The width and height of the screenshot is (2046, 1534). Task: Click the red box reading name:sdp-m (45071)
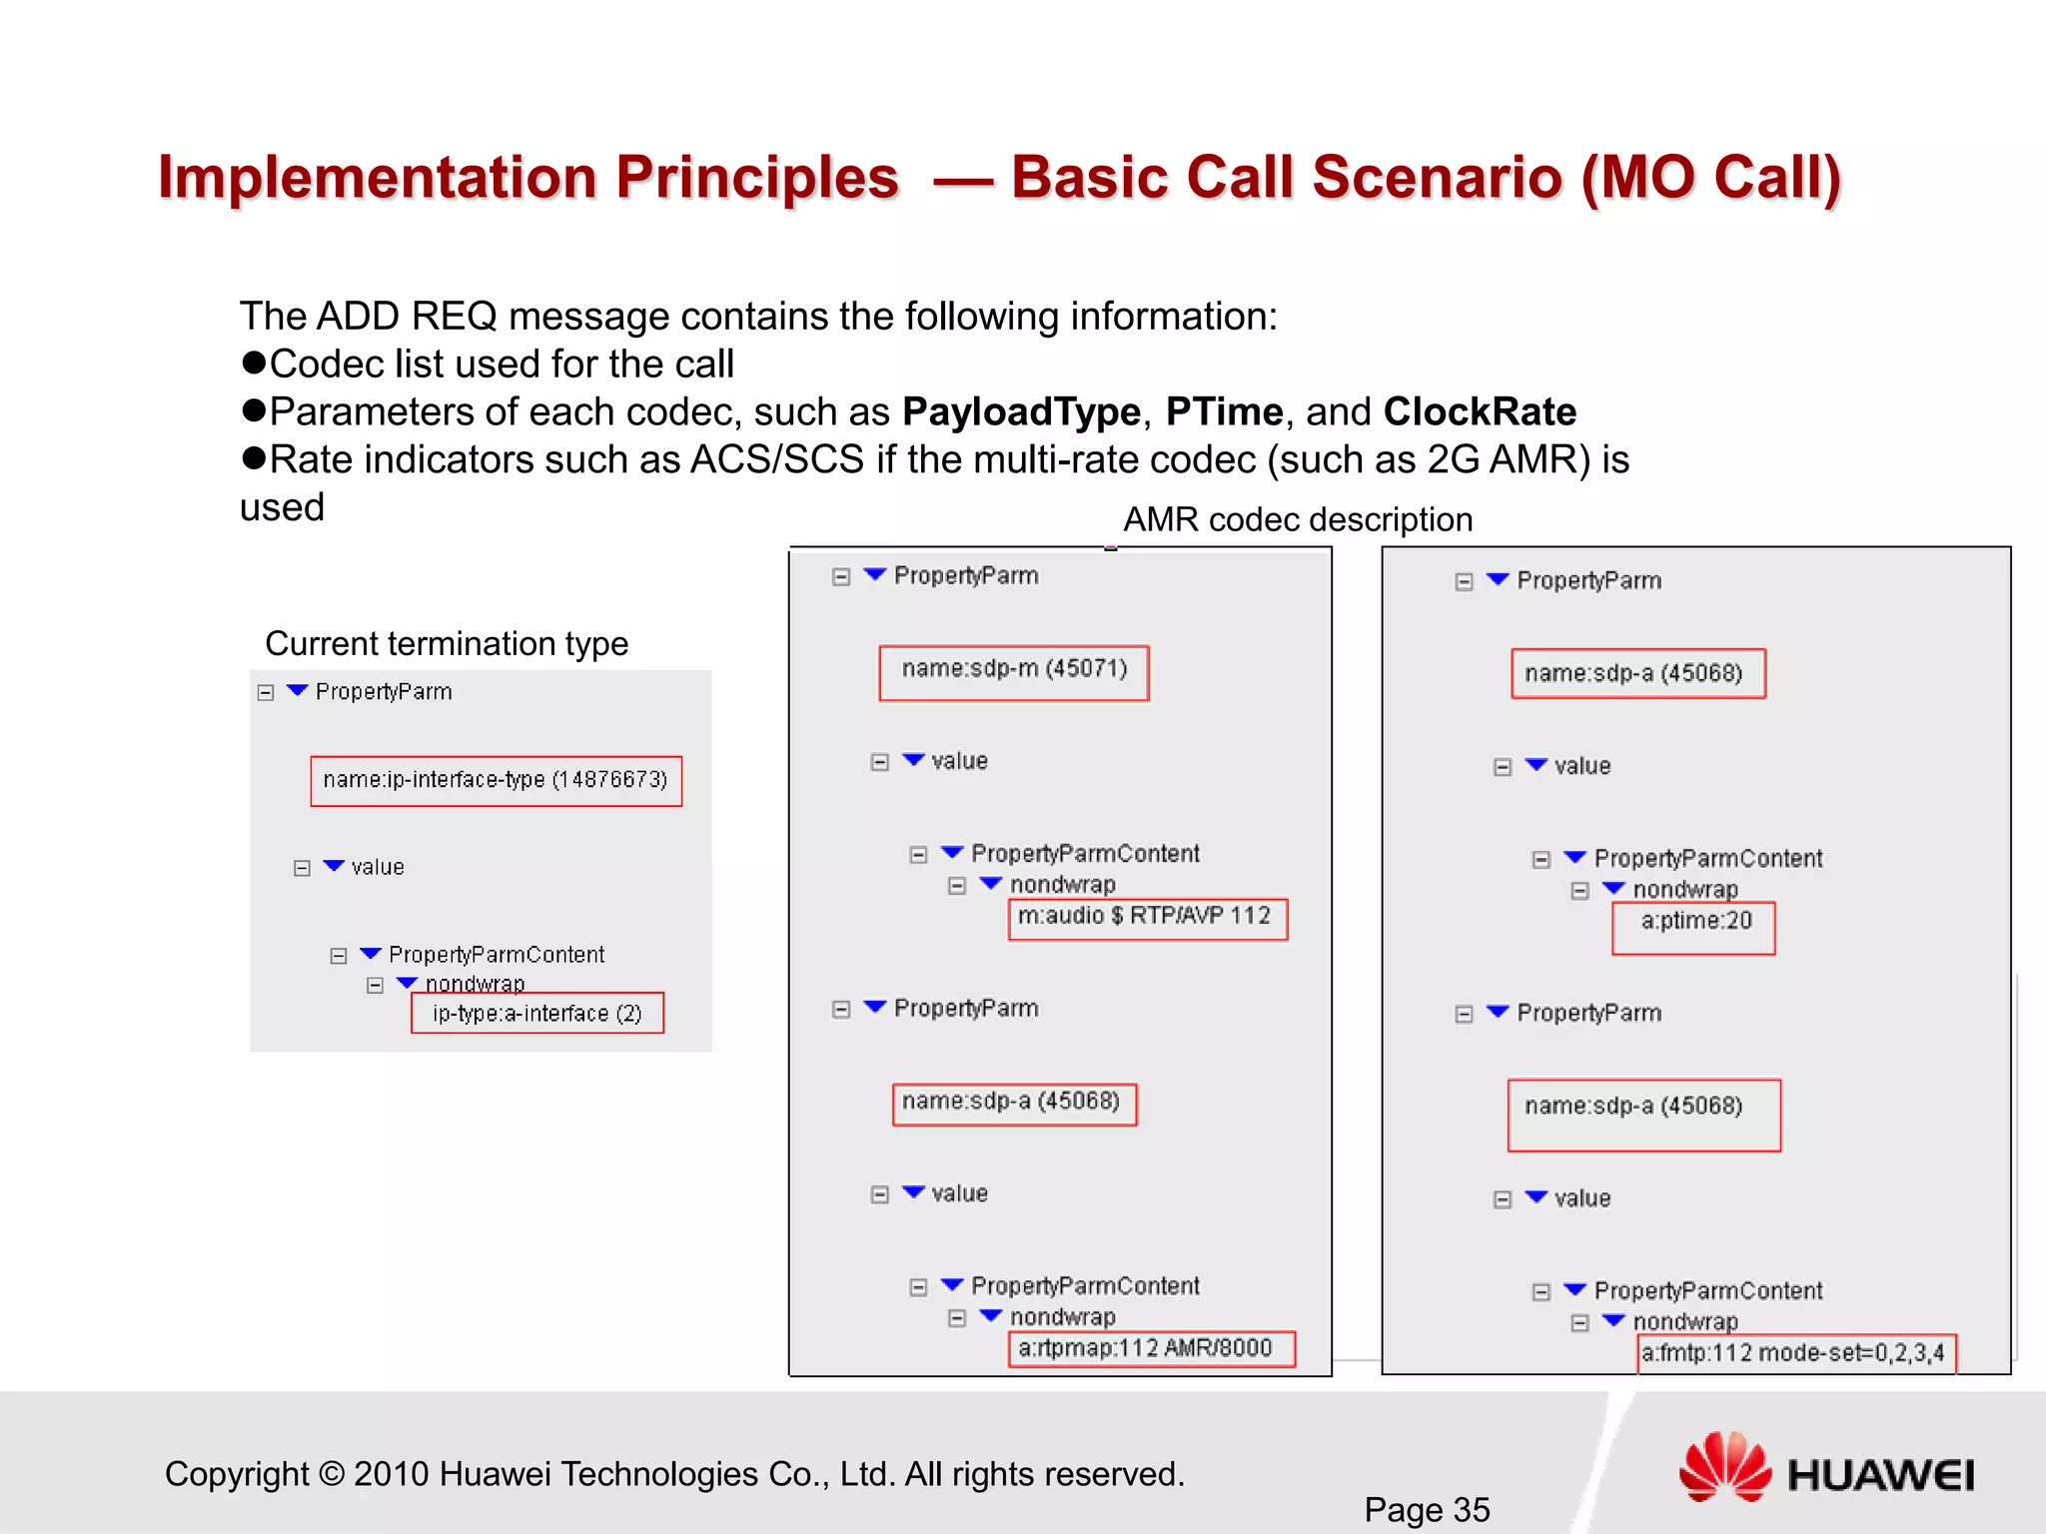[x=1013, y=672]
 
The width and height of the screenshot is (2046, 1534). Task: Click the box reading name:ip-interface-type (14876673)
[x=496, y=781]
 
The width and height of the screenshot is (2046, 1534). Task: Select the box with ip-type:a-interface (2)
[x=536, y=1013]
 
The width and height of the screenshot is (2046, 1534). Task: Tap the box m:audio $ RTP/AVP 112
[x=1147, y=919]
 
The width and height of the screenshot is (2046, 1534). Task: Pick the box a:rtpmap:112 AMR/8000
[x=1151, y=1348]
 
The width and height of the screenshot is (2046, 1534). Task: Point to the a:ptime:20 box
[x=1693, y=928]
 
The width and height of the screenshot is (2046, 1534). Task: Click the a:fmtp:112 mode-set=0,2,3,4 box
[x=1795, y=1353]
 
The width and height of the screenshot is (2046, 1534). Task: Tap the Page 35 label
[x=1427, y=1509]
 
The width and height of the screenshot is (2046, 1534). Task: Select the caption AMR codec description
[x=1298, y=520]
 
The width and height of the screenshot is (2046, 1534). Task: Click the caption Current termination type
[x=447, y=644]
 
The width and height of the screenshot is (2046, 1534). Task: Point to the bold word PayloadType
[x=1020, y=412]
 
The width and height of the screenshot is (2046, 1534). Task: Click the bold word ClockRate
[x=1480, y=412]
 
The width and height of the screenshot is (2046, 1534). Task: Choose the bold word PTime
[x=1224, y=412]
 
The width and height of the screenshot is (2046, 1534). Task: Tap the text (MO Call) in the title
[x=1710, y=178]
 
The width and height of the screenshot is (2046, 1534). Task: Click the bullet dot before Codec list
[x=254, y=363]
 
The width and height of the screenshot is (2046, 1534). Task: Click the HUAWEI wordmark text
[x=1880, y=1476]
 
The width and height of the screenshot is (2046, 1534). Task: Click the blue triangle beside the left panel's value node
[x=334, y=866]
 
